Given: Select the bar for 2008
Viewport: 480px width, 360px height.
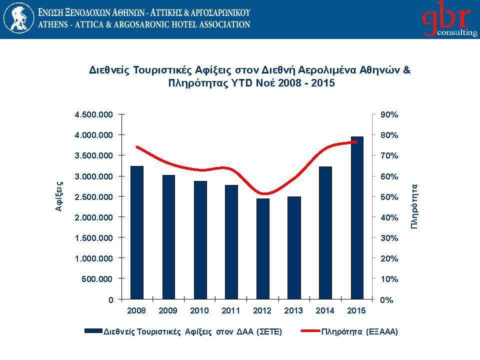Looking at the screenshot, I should point(137,232).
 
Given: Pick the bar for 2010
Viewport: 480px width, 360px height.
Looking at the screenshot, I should point(200,240).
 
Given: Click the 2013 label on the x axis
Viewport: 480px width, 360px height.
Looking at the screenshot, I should point(294,310).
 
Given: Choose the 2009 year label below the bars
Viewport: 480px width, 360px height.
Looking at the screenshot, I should point(168,310).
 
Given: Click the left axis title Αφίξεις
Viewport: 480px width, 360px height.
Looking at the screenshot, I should point(59,196).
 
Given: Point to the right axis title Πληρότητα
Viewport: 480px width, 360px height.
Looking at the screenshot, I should point(414,206).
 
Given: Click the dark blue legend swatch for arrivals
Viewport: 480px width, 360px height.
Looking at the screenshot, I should point(93,331).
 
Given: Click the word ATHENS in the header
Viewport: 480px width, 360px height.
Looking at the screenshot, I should point(54,24).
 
